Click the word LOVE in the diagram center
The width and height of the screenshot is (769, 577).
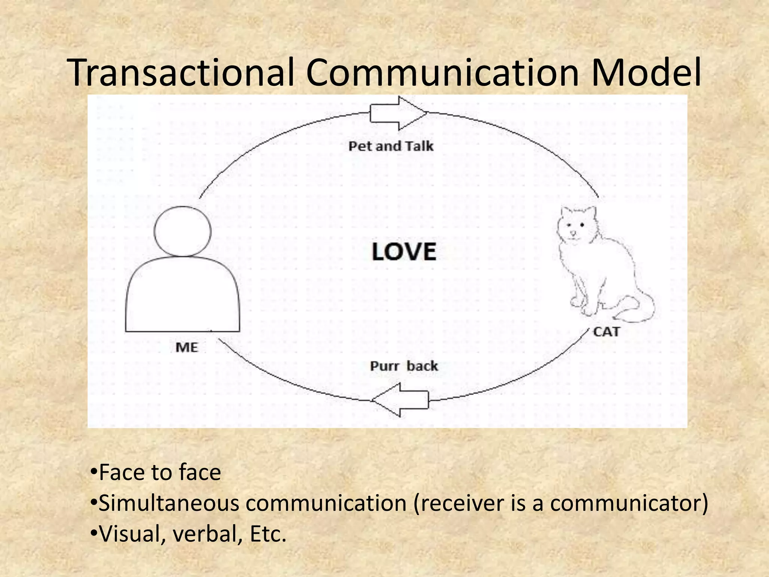tap(404, 252)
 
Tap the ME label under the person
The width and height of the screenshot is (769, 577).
tap(187, 347)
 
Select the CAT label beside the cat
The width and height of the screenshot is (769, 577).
tap(606, 332)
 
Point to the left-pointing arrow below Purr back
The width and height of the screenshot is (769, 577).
tap(400, 400)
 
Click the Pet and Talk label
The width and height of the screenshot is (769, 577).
tap(391, 146)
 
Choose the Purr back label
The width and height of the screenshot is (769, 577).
tap(404, 366)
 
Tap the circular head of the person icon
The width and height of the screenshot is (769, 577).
tap(182, 231)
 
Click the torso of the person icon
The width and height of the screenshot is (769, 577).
tap(182, 297)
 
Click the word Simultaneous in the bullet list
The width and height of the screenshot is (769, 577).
tap(169, 503)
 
